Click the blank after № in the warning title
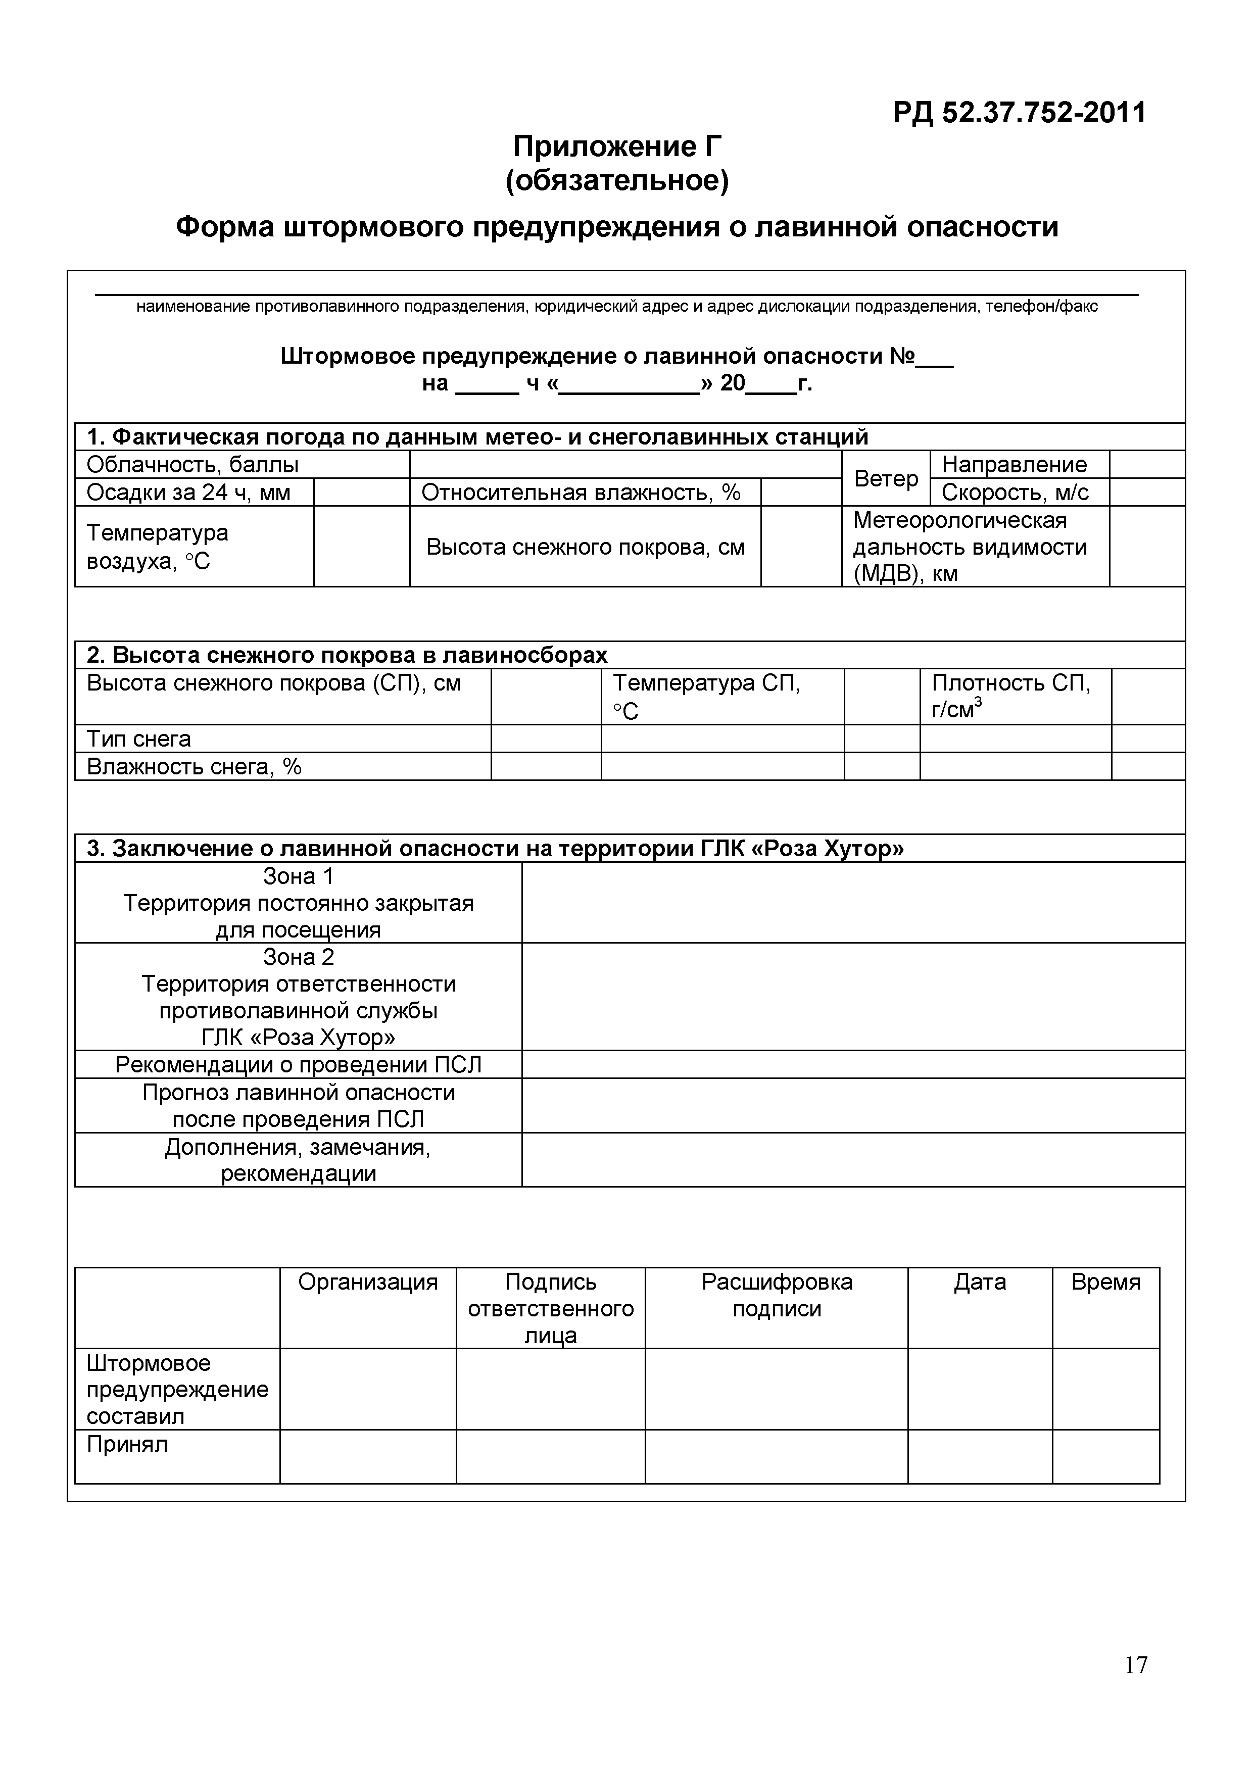click(x=935, y=359)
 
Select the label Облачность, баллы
click(x=192, y=465)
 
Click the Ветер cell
click(x=886, y=478)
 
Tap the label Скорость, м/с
click(x=1015, y=493)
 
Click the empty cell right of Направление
click(x=1146, y=465)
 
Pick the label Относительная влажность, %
click(x=581, y=493)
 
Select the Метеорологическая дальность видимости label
click(x=970, y=547)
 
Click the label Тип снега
click(x=139, y=739)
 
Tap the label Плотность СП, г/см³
click(x=1010, y=696)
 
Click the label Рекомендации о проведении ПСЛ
click(x=298, y=1065)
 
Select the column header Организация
click(x=367, y=1283)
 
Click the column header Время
click(x=1105, y=1283)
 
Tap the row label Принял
click(x=127, y=1445)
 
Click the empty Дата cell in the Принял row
click(x=979, y=1456)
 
